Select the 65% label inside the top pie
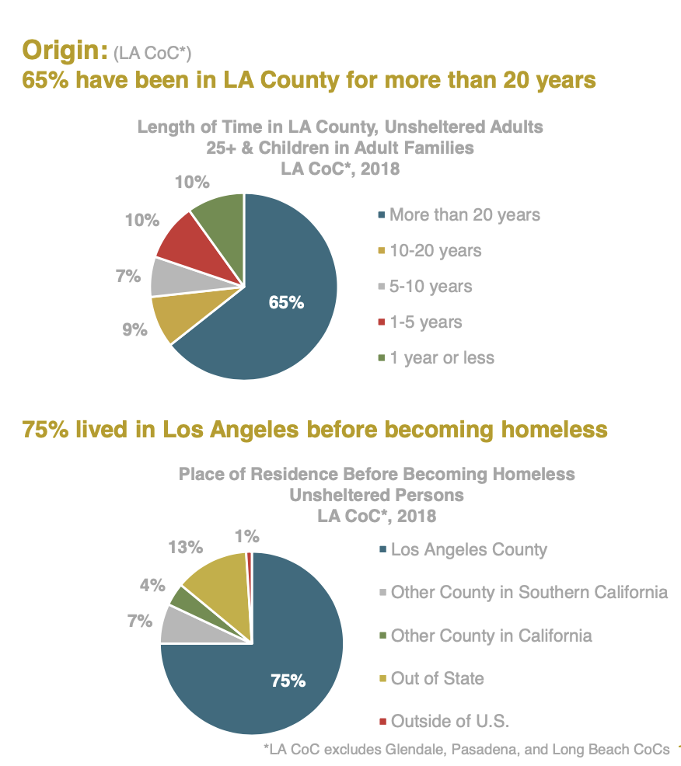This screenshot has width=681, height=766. pos(285,302)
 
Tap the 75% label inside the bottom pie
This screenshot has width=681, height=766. pos(288,681)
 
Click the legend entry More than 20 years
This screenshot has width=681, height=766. pos(464,214)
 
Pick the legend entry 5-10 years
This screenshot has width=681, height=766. pos(430,286)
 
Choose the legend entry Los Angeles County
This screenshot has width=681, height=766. pos(469,550)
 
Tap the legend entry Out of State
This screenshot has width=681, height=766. pos(437,678)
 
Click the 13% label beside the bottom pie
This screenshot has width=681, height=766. pos(184,548)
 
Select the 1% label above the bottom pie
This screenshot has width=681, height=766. pos(248,536)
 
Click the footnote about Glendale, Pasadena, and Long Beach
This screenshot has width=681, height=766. pos(466,750)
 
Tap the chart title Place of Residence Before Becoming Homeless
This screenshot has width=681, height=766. pos(376,473)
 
